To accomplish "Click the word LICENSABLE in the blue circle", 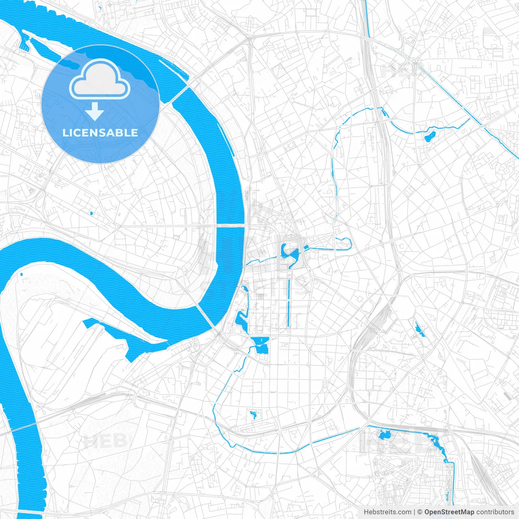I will [100, 133].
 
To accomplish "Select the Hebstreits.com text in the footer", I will [387, 512].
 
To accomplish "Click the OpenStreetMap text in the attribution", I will [449, 512].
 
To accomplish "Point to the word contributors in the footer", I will [495, 512].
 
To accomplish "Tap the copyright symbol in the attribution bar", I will [420, 512].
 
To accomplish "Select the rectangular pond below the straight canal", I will [260, 345].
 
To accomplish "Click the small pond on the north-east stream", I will [429, 136].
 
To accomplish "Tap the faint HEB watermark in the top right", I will [401, 70].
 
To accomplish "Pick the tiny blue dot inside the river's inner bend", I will [21, 275].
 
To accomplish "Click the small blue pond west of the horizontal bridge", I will [91, 213].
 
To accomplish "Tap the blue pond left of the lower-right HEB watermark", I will [384, 435].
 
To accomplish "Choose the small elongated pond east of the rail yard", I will [419, 329].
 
